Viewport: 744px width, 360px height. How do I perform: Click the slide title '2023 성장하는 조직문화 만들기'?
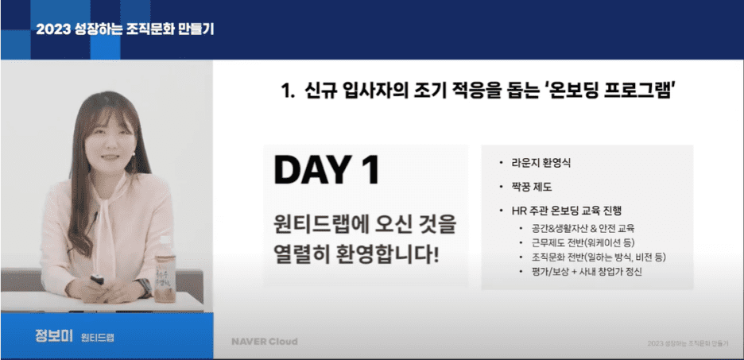coord(125,29)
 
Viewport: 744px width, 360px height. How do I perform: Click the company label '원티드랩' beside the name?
coord(98,337)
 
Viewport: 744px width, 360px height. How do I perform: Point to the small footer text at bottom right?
coord(688,343)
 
